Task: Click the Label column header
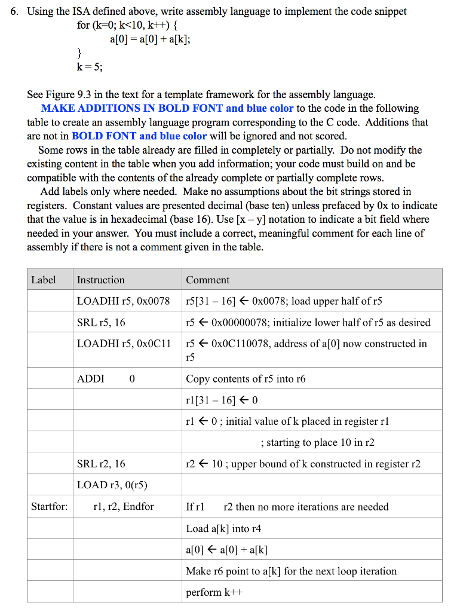(44, 280)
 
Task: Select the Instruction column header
(101, 280)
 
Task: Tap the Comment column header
(207, 280)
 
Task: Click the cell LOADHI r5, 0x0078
(123, 301)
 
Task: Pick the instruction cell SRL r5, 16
(101, 322)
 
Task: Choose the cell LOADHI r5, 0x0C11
(124, 344)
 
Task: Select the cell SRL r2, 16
(101, 464)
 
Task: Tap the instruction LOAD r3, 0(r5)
(112, 485)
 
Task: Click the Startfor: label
(50, 506)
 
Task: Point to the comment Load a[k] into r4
(223, 528)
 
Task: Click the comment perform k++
(212, 592)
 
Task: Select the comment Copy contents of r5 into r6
(246, 378)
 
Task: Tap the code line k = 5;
(90, 67)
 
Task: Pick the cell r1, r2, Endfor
(123, 506)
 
